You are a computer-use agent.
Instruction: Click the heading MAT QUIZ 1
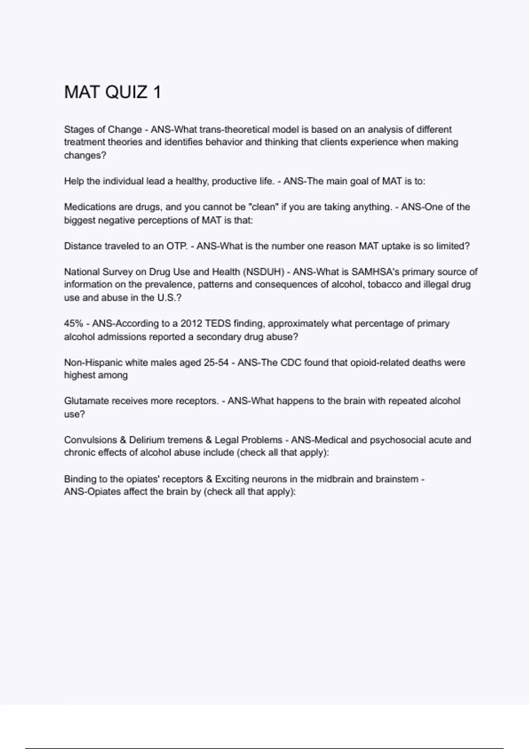click(112, 92)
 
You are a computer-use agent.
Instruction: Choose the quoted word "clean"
click(264, 207)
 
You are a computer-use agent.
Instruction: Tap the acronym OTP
click(177, 246)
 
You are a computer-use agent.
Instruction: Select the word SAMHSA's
click(375, 272)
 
